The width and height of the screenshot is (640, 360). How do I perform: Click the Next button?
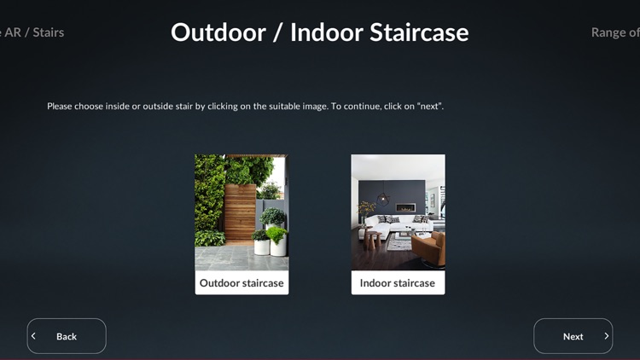[573, 336]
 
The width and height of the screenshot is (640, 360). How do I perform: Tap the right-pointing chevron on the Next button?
[607, 336]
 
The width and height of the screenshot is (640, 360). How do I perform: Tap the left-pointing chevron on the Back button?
[34, 336]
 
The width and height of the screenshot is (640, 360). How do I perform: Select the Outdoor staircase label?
[241, 283]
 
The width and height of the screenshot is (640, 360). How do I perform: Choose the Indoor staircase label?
[398, 283]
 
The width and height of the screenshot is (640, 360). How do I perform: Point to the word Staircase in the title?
[420, 32]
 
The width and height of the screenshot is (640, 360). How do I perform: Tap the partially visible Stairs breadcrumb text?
[48, 32]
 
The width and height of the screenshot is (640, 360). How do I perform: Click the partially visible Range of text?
[614, 32]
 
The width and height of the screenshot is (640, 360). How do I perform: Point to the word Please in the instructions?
[61, 107]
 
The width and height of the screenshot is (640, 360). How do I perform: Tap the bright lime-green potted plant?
[276, 232]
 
